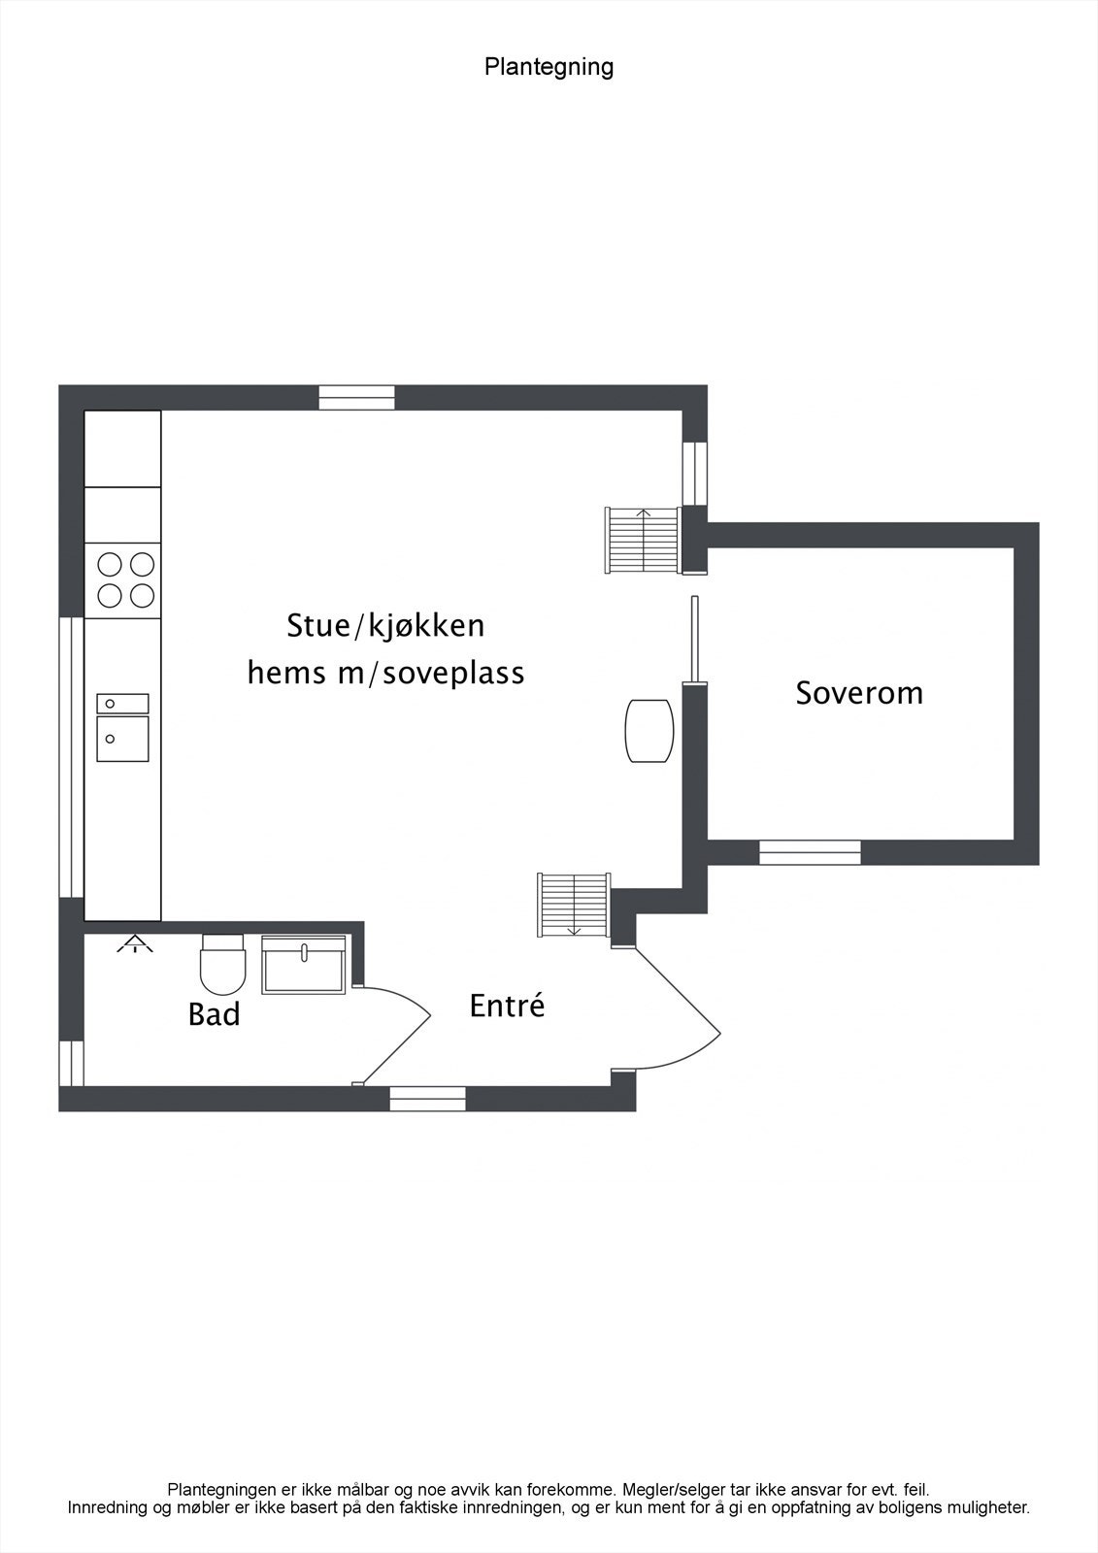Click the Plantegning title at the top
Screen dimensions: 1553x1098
pos(549,67)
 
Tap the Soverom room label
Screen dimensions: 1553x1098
pos(859,693)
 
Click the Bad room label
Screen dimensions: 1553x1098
pos(214,1015)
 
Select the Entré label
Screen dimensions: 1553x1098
pos(507,1006)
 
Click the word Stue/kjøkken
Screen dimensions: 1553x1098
pos(385,626)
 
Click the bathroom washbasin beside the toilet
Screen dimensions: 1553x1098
pos(303,966)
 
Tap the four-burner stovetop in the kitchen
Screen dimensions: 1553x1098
pos(122,579)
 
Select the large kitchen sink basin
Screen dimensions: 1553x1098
pos(122,739)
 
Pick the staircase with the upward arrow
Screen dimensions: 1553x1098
pos(642,540)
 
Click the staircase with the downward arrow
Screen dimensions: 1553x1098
pos(573,905)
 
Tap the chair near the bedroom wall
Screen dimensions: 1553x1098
pos(649,731)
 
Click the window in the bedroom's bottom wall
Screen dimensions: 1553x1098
pos(810,852)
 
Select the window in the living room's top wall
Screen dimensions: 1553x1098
pos(357,398)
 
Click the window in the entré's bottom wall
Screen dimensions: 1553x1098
pos(428,1099)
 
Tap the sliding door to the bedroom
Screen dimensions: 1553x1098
pos(693,637)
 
